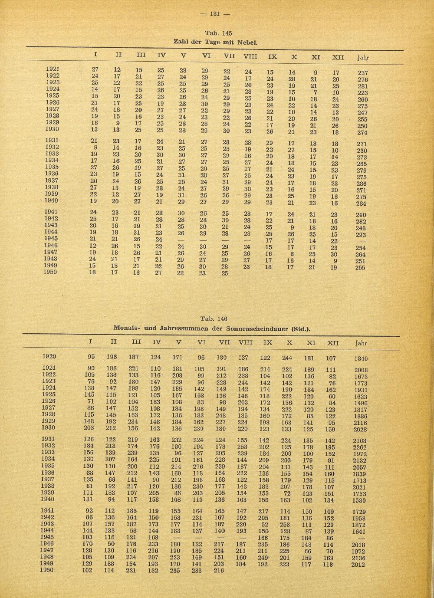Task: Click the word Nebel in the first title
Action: (x=248, y=43)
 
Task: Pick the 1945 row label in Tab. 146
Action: (x=49, y=537)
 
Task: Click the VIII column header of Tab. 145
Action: (x=250, y=56)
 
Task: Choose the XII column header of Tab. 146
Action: (x=332, y=343)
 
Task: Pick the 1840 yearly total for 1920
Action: (x=361, y=358)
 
